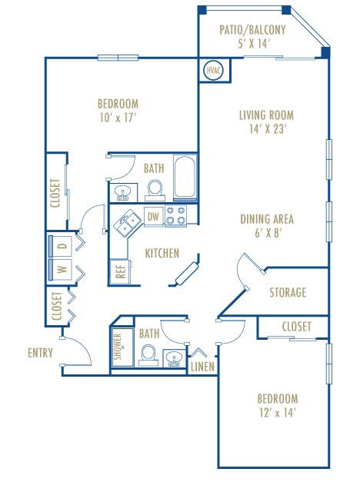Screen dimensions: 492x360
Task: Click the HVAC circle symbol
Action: point(212,71)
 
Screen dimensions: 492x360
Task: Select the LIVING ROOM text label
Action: point(265,116)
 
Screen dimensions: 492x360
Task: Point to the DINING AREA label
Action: point(267,219)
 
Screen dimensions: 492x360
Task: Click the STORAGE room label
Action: point(288,293)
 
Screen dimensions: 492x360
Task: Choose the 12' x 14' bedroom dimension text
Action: point(277,413)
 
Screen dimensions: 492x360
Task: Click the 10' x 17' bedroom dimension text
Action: point(117,118)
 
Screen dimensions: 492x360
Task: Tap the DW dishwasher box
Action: point(153,218)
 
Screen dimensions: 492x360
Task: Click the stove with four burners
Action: point(176,217)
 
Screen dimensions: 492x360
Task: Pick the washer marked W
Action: point(61,269)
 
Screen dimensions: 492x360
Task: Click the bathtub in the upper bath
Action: point(185,178)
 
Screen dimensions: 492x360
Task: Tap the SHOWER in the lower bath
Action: point(119,347)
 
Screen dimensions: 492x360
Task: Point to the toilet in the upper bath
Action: point(155,188)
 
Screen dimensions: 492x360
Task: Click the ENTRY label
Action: point(40,353)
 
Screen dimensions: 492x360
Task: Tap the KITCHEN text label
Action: point(162,253)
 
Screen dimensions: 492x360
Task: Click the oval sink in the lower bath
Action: point(174,357)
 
